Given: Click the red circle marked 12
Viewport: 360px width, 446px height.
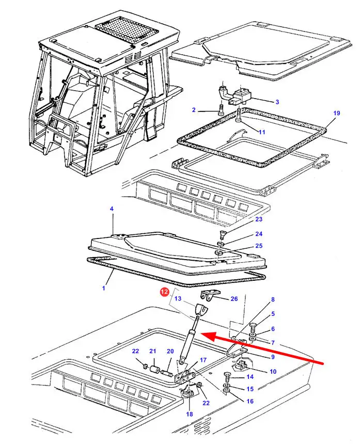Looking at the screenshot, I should click(164, 292).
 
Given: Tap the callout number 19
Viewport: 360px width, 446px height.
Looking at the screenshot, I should click(336, 113).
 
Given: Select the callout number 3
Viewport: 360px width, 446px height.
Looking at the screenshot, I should click(277, 102).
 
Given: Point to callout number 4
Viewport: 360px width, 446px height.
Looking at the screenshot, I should click(111, 209).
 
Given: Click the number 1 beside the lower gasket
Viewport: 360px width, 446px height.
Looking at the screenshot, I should click(103, 288).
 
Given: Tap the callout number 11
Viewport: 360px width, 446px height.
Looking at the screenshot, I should click(262, 132).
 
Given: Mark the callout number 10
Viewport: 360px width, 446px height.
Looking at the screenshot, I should click(273, 371).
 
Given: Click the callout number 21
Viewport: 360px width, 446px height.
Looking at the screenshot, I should click(152, 352).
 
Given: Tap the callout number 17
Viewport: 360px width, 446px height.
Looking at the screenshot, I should click(203, 360).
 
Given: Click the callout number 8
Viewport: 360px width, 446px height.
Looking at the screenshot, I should click(273, 299).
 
